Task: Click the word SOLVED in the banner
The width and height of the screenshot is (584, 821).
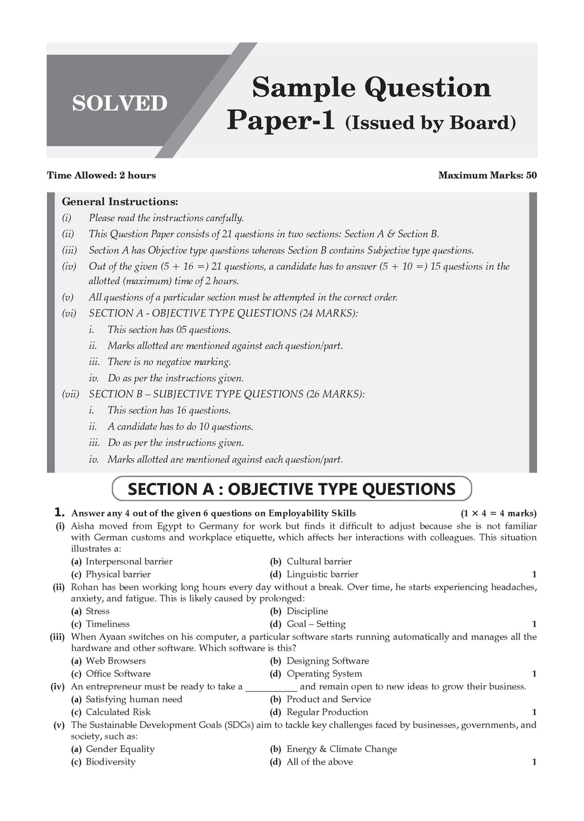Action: click(120, 103)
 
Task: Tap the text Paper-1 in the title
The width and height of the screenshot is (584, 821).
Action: click(281, 120)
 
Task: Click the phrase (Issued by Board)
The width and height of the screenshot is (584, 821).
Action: click(431, 123)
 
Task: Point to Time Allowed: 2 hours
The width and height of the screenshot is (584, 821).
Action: click(101, 175)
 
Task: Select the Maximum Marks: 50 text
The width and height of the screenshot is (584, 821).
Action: click(487, 175)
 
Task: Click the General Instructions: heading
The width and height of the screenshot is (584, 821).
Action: click(120, 201)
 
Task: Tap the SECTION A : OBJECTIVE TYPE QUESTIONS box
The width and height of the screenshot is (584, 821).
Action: click(291, 489)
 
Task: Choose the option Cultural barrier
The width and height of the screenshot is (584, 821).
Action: click(319, 562)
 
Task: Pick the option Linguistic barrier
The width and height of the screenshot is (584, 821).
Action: click(322, 574)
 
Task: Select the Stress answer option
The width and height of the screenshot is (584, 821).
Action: click(98, 611)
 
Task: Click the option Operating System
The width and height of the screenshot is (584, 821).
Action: click(324, 673)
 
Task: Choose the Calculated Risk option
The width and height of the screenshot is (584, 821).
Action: click(118, 712)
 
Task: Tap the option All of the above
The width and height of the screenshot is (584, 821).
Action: click(319, 762)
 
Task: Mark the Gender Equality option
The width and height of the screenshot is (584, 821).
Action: click(120, 749)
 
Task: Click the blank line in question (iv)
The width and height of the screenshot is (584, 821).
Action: click(271, 688)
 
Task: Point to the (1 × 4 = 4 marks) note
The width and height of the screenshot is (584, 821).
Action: click(498, 513)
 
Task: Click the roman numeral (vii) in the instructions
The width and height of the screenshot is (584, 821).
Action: click(71, 394)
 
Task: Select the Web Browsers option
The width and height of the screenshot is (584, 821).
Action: click(115, 661)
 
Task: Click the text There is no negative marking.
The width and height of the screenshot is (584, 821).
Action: click(169, 362)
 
